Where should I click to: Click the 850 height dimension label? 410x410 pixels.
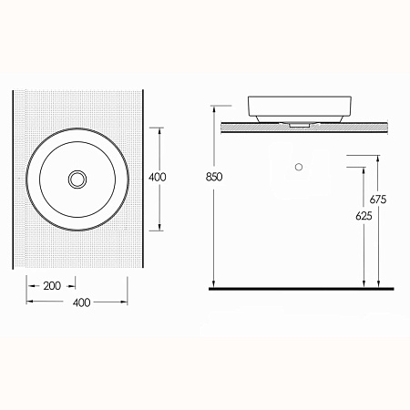[x=214, y=177]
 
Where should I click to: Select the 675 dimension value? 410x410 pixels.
[x=378, y=200]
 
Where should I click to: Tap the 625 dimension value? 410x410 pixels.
[x=364, y=216]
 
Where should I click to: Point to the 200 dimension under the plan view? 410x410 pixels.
[x=52, y=286]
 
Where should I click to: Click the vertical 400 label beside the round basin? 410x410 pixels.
[x=158, y=177]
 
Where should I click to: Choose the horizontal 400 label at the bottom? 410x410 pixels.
[x=82, y=302]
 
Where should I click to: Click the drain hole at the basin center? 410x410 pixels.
[x=77, y=179]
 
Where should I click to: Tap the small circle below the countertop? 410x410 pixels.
[x=299, y=167]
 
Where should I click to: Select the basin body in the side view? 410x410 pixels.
[x=300, y=108]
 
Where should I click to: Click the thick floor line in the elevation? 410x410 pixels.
[x=302, y=289]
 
